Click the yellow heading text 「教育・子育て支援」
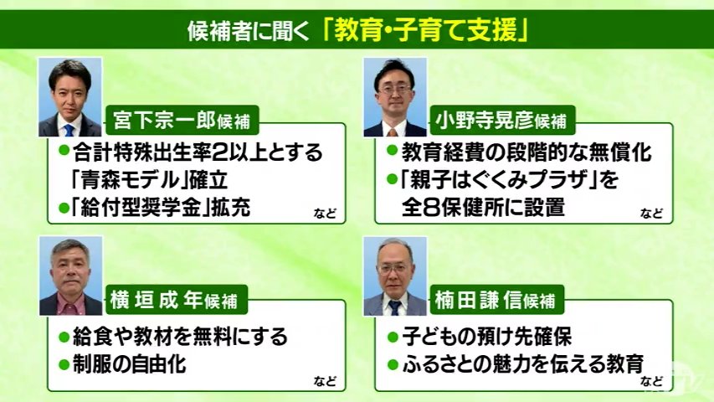tap(425, 31)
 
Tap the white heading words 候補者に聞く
tap(249, 32)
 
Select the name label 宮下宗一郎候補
tap(182, 121)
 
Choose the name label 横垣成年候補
tap(174, 300)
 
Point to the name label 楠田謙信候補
tap(495, 300)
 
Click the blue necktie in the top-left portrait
tap(69, 131)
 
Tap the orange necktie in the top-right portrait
tap(392, 132)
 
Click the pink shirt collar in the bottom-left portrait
tap(70, 306)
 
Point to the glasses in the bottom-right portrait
tap(394, 269)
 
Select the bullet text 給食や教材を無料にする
tap(180, 337)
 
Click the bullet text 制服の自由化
tap(130, 364)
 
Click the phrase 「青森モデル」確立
tap(150, 180)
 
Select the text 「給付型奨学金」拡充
tap(161, 208)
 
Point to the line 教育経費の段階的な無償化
tap(526, 152)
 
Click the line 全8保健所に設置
tap(483, 208)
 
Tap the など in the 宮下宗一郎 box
tap(325, 213)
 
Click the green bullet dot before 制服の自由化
tap(64, 364)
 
